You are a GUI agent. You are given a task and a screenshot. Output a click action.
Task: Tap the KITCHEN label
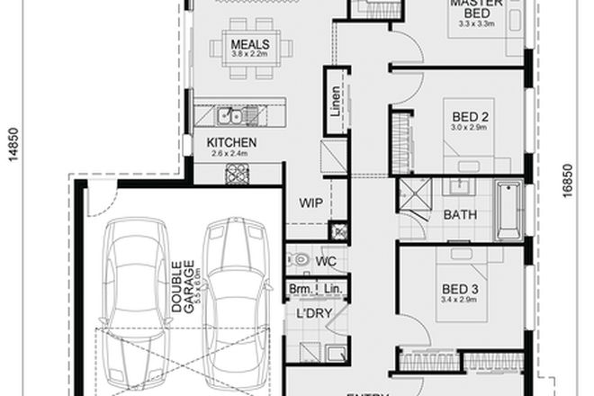click(x=232, y=143)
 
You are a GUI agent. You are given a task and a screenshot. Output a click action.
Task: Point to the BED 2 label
click(x=469, y=116)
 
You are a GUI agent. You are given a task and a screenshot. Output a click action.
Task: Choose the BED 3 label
click(x=461, y=289)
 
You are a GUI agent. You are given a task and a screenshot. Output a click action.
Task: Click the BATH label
click(x=461, y=215)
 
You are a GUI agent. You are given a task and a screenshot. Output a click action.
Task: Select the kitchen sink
click(x=232, y=115)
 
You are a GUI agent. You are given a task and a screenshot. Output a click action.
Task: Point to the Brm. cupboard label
click(x=299, y=289)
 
